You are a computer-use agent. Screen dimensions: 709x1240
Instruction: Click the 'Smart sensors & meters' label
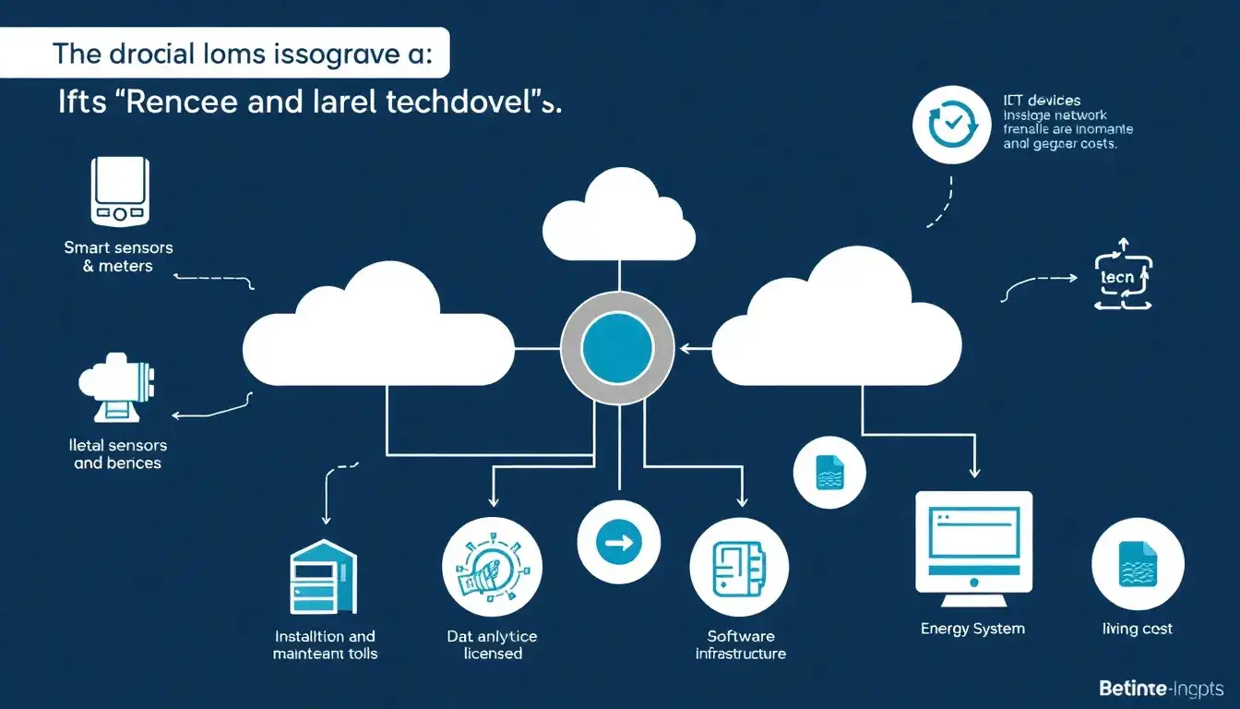click(x=118, y=257)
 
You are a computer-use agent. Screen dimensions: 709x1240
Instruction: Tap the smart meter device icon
click(x=119, y=191)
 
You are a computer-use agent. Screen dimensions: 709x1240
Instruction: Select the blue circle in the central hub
click(x=618, y=347)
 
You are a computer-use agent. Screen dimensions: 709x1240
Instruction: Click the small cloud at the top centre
click(x=618, y=218)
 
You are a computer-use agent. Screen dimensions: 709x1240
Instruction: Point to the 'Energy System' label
click(x=972, y=629)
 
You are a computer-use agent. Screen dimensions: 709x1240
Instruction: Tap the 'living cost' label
click(x=1138, y=629)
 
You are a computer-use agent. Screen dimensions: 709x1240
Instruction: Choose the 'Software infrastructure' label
click(x=740, y=644)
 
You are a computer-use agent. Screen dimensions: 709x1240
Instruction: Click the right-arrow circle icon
click(x=618, y=543)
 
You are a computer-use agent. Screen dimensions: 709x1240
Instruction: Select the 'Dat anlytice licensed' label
click(x=491, y=644)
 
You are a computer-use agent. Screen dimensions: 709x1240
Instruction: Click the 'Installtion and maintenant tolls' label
click(x=325, y=644)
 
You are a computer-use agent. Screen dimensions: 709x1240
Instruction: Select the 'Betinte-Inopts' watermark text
click(x=1161, y=689)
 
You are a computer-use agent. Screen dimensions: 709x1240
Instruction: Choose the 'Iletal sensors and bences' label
click(x=118, y=454)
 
